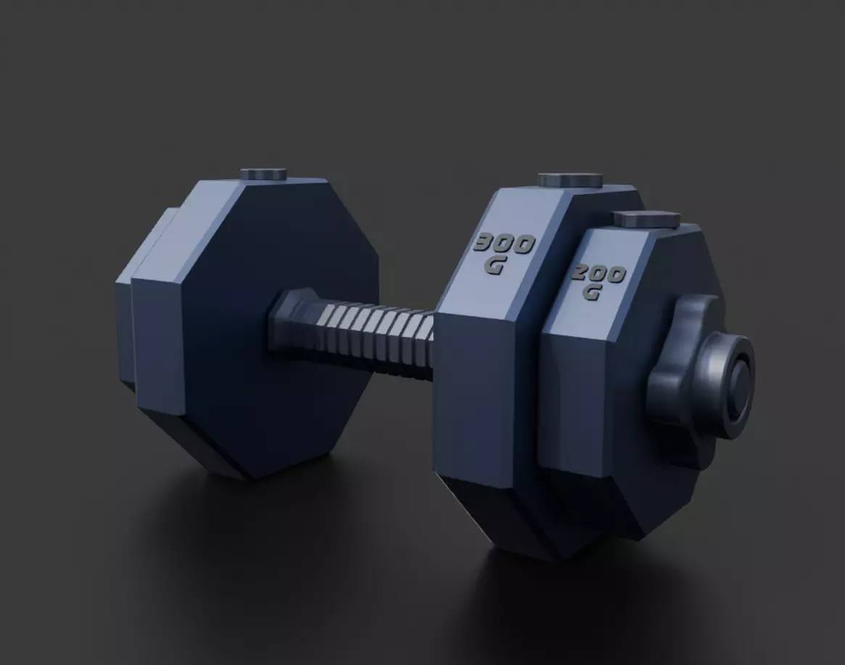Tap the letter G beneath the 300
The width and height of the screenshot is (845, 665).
click(495, 265)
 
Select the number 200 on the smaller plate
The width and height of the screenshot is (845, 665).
click(598, 275)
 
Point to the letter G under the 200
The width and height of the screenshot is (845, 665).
click(592, 293)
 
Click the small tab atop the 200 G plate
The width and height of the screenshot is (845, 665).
click(646, 218)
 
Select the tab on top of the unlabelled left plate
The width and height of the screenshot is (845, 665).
click(263, 174)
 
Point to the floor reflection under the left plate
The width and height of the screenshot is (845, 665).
click(239, 529)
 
